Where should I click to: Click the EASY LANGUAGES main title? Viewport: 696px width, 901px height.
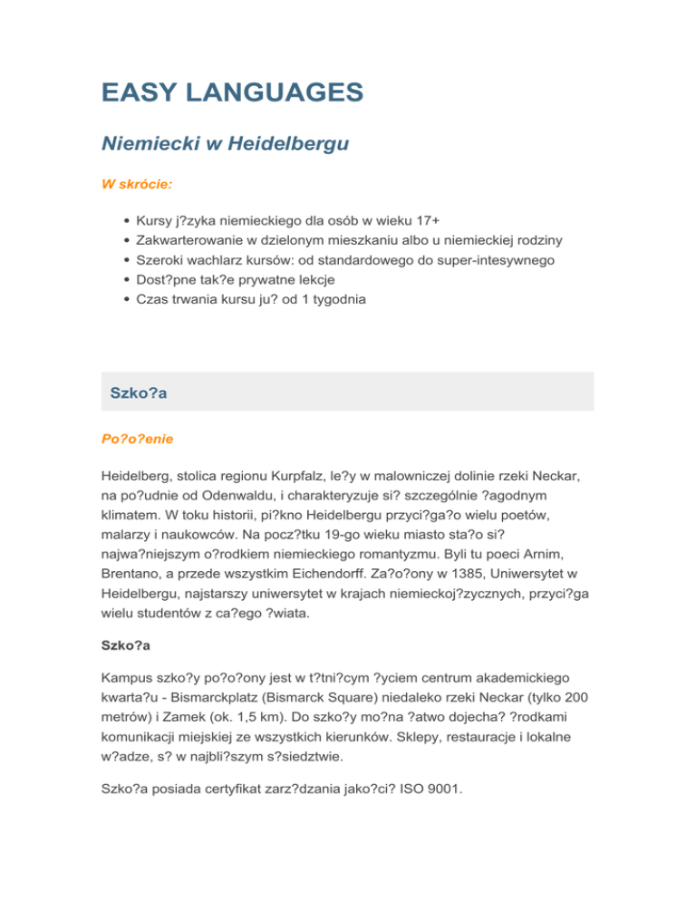(x=232, y=92)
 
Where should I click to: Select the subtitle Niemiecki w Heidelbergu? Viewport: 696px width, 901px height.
(x=225, y=142)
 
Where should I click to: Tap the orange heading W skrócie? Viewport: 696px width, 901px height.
(x=137, y=183)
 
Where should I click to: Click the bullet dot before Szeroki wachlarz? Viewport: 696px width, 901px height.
(x=122, y=260)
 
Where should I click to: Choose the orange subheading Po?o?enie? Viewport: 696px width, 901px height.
(x=137, y=438)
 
